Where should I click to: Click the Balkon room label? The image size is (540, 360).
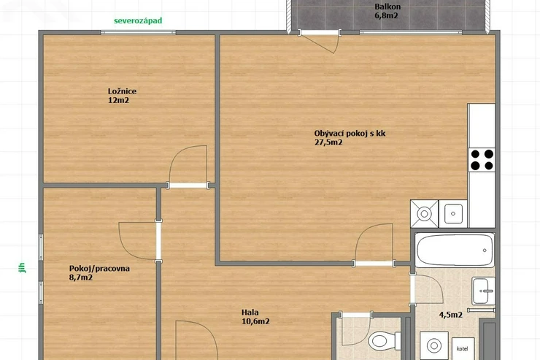coord(387,11)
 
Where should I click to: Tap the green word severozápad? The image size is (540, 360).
coord(138,20)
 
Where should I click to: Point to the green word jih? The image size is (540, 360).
coord(22,268)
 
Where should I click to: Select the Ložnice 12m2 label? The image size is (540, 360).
coord(122,96)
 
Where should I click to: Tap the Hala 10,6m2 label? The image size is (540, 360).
coord(255,317)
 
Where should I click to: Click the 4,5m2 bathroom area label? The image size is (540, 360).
coord(450,315)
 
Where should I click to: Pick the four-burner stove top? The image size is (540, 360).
coord(482,160)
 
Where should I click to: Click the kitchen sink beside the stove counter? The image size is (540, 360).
coord(453,213)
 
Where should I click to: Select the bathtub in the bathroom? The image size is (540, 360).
coord(455,250)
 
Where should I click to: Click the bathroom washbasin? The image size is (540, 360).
coord(483,291)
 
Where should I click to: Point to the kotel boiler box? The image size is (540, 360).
coord(463,348)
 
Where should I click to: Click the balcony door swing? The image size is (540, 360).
coord(320,42)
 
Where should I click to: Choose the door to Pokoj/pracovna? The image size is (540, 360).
coord(139,241)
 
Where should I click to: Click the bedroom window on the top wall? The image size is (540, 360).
coord(138,32)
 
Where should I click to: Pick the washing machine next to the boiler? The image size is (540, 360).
coord(434,345)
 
